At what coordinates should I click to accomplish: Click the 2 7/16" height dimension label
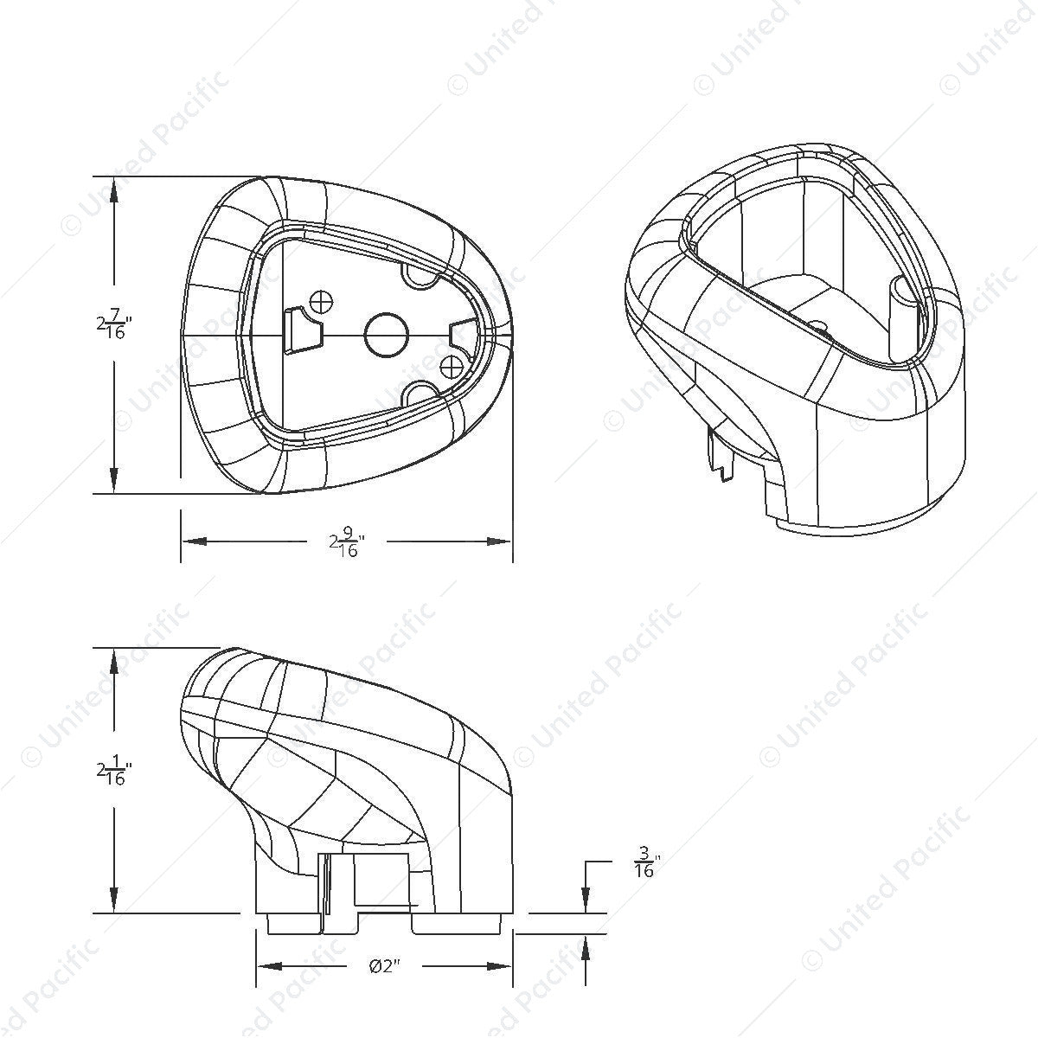pos(113,324)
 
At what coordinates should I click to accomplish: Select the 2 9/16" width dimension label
pos(347,541)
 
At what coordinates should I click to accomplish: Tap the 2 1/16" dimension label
pos(113,771)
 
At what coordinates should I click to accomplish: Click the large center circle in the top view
pos(385,335)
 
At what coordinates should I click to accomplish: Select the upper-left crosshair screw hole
pos(322,301)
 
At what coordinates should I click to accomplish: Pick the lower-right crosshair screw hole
pos(451,368)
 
